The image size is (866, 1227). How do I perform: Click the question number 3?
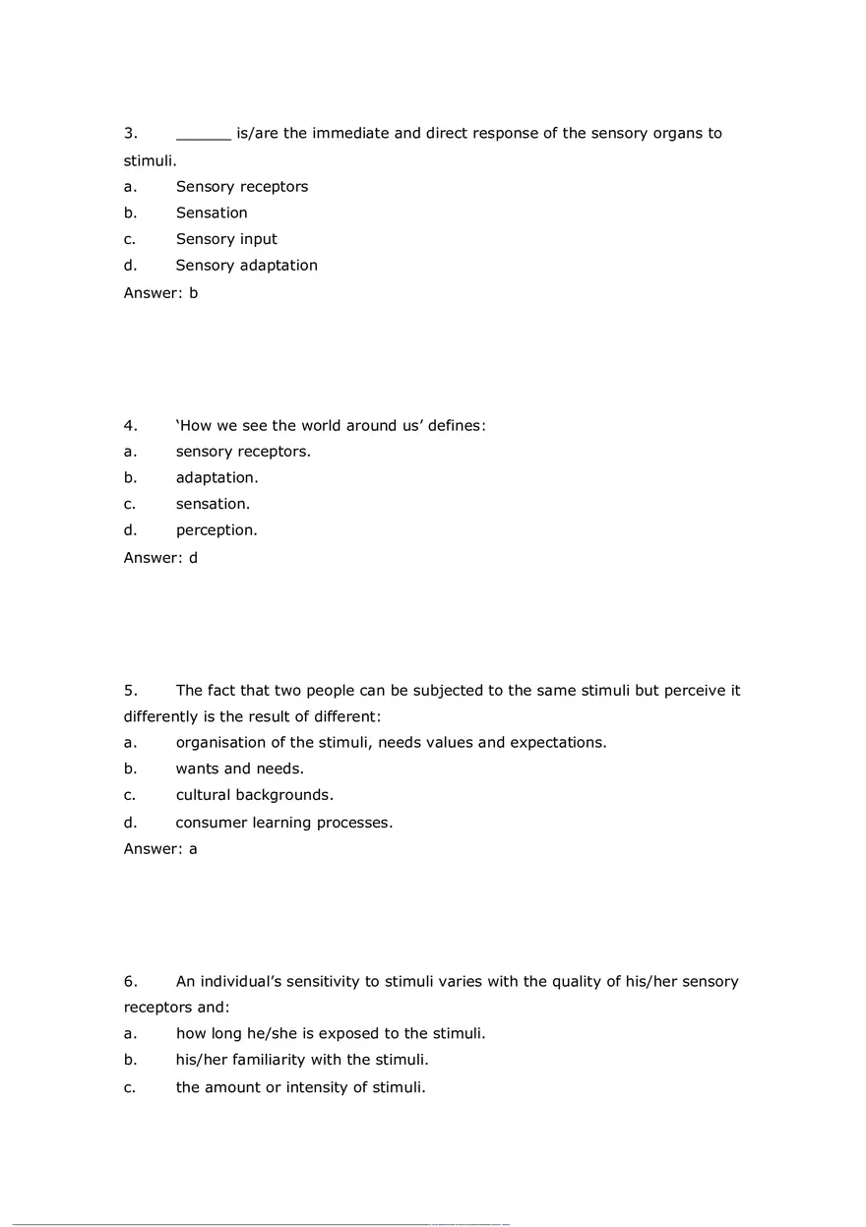pyautogui.click(x=129, y=134)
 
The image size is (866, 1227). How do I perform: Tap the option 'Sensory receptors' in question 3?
pyautogui.click(x=242, y=187)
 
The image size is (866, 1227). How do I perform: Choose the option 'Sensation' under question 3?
pyautogui.click(x=212, y=214)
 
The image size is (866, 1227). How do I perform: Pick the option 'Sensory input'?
pyautogui.click(x=226, y=239)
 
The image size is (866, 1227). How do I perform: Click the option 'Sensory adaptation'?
pyautogui.click(x=247, y=266)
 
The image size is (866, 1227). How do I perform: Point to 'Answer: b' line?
pyautogui.click(x=160, y=292)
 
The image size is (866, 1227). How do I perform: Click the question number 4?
pyautogui.click(x=129, y=426)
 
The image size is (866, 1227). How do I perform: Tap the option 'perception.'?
pyautogui.click(x=216, y=530)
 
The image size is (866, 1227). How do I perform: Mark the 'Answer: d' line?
pyautogui.click(x=160, y=558)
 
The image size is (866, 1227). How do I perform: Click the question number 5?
pyautogui.click(x=129, y=691)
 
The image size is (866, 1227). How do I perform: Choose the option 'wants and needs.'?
pyautogui.click(x=240, y=768)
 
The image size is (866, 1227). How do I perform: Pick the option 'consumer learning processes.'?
pyautogui.click(x=284, y=823)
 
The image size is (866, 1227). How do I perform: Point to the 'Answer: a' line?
pyautogui.click(x=160, y=848)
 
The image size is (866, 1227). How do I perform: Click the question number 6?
pyautogui.click(x=129, y=982)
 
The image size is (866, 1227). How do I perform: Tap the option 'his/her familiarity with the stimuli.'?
pyautogui.click(x=302, y=1060)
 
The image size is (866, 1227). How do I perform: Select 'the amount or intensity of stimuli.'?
pyautogui.click(x=301, y=1087)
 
